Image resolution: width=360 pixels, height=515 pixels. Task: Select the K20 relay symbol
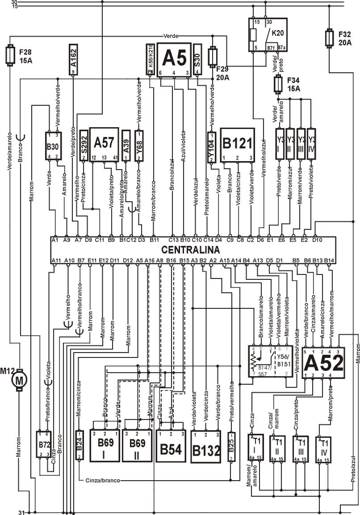(266, 34)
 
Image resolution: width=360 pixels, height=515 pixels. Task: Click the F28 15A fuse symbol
(9, 55)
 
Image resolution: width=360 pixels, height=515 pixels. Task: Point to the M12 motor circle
(19, 380)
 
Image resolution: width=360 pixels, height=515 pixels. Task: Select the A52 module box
(324, 363)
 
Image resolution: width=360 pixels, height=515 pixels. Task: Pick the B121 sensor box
(238, 145)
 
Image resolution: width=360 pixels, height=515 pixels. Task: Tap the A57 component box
(104, 144)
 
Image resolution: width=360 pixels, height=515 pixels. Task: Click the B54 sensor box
(171, 446)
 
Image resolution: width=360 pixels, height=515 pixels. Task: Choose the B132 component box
(205, 446)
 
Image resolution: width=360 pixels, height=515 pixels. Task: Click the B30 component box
(54, 145)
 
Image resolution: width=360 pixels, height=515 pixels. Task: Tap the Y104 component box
(212, 146)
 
